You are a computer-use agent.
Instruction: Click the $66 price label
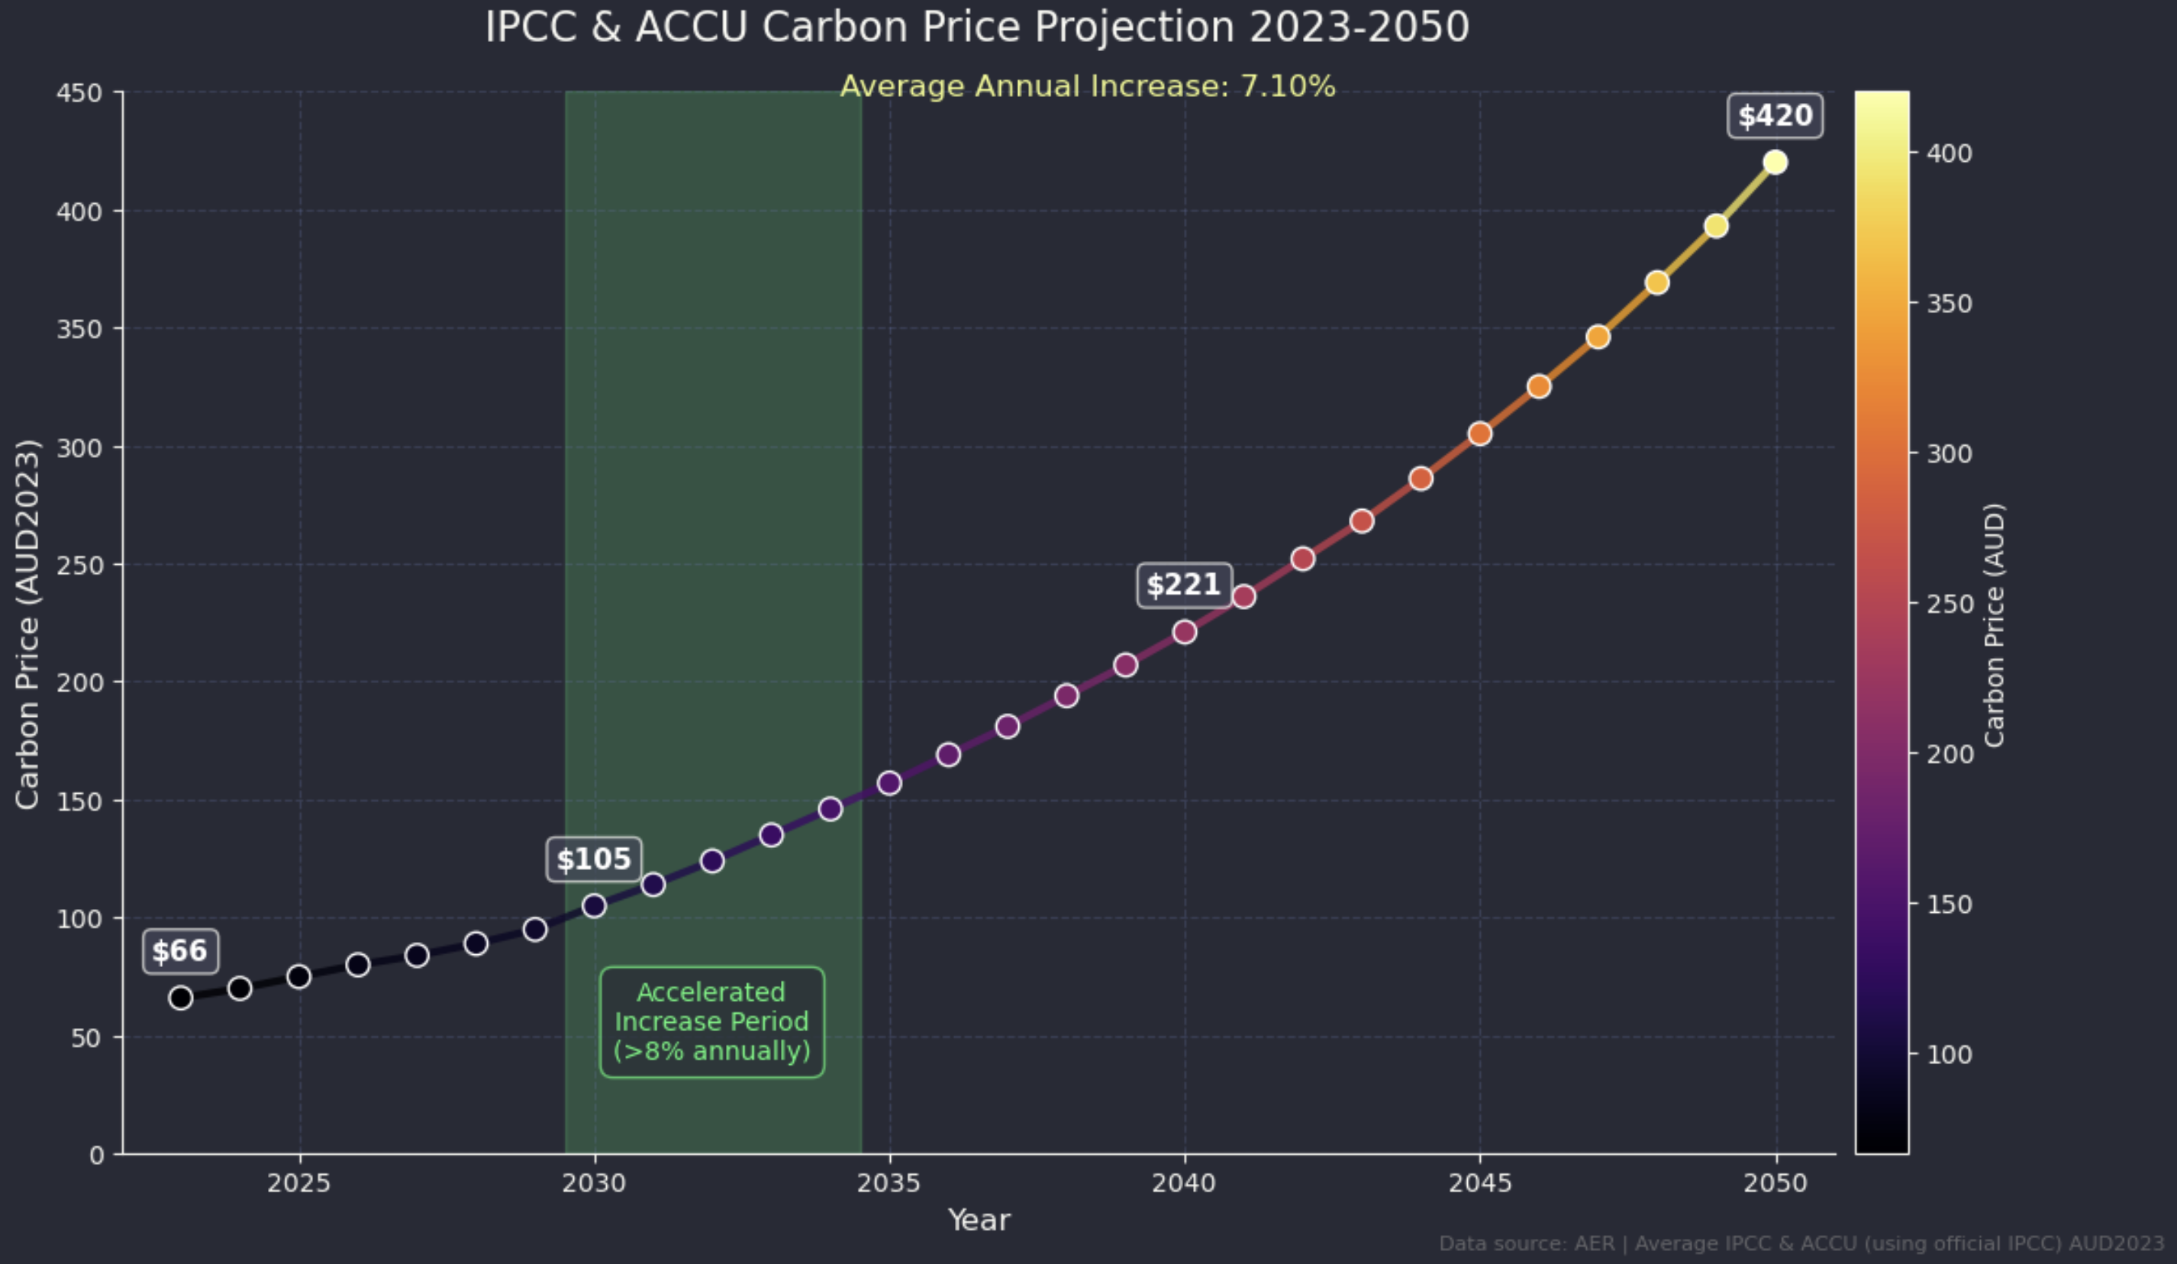(x=179, y=951)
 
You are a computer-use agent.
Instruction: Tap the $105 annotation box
(x=594, y=859)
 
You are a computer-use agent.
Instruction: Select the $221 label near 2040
(x=1182, y=585)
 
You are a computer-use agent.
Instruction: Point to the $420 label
(x=1775, y=116)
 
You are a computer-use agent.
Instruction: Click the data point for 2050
(x=1775, y=163)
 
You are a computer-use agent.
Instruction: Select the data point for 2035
(x=889, y=783)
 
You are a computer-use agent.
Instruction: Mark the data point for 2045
(x=1479, y=433)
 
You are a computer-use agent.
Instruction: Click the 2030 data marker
(x=594, y=905)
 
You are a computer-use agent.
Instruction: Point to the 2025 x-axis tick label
(x=299, y=1183)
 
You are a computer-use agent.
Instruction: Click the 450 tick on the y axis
(x=79, y=92)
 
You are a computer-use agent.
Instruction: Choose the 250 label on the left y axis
(x=79, y=565)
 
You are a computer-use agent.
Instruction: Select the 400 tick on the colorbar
(x=1949, y=153)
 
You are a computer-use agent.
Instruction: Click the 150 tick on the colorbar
(x=1949, y=904)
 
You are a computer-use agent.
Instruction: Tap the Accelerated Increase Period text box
(x=712, y=1021)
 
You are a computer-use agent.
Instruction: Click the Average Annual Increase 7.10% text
(x=1088, y=86)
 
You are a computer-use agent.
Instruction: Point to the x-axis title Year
(x=979, y=1220)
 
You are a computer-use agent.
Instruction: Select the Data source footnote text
(x=1801, y=1243)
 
